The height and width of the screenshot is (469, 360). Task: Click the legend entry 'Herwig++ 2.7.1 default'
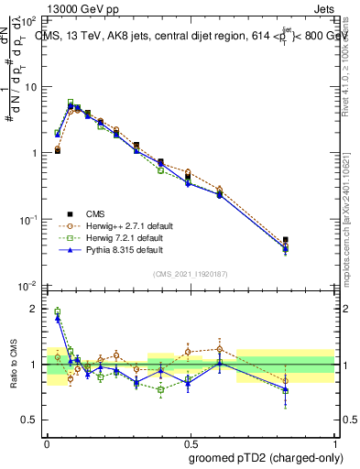coord(111,225)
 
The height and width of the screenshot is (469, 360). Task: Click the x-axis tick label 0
coord(48,442)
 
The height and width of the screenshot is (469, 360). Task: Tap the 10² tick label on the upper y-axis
coord(28,20)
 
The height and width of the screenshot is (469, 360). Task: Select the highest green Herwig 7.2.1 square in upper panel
coord(71,103)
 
